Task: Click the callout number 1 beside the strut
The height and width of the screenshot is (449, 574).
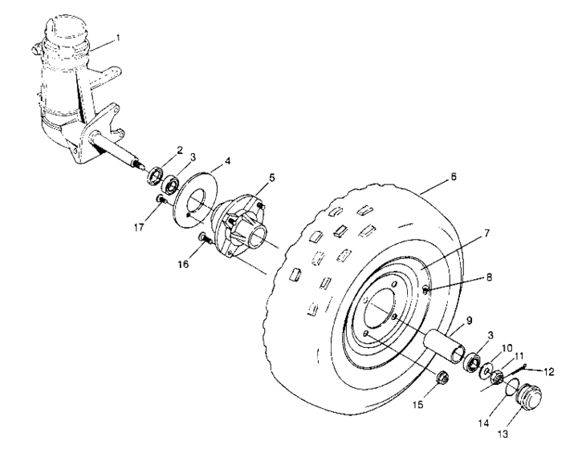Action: click(x=118, y=37)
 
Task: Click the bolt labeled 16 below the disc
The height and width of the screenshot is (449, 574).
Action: click(x=442, y=377)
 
